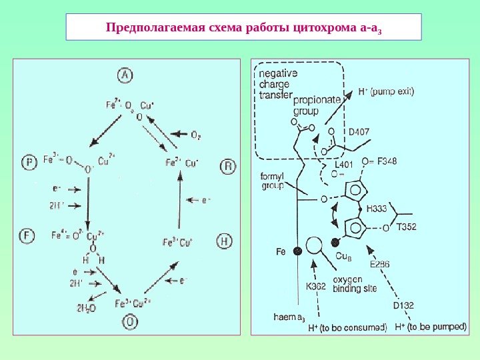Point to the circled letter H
click(225, 241)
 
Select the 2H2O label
click(87, 307)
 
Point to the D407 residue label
click(361, 131)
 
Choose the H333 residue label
click(377, 208)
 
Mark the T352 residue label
click(406, 227)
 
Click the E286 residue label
click(379, 264)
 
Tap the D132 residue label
click(403, 305)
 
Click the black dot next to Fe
click(297, 251)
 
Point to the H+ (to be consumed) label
click(347, 328)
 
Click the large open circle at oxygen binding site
click(315, 244)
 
